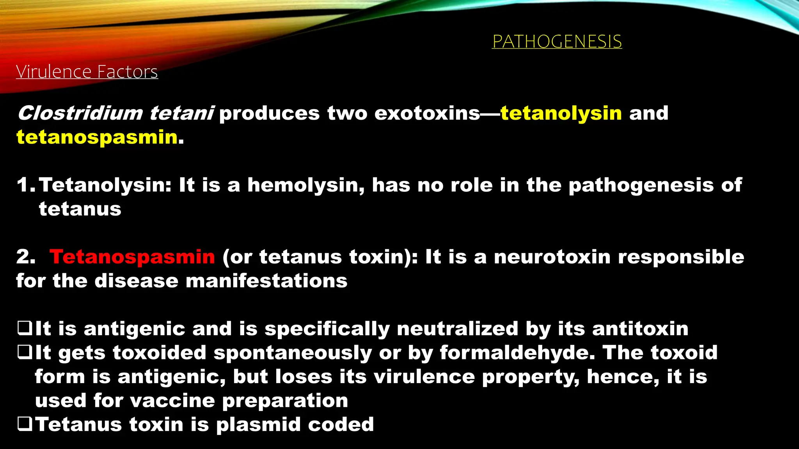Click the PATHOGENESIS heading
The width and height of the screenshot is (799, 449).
(557, 41)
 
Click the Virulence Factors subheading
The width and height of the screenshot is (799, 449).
(87, 72)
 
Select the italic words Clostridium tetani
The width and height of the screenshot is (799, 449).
(115, 113)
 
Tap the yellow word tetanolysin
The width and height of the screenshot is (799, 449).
(561, 113)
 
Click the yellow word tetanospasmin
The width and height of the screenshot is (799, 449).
(97, 137)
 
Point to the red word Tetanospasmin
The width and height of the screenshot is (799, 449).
(132, 257)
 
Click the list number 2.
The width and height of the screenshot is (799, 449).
(24, 257)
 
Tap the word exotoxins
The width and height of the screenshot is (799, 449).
(427, 113)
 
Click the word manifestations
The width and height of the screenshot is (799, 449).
(266, 281)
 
